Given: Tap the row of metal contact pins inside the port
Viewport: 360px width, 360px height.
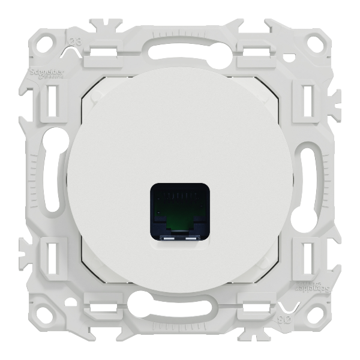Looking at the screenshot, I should pos(179,195).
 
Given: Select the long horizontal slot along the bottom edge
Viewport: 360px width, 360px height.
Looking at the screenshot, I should pos(180,312).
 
